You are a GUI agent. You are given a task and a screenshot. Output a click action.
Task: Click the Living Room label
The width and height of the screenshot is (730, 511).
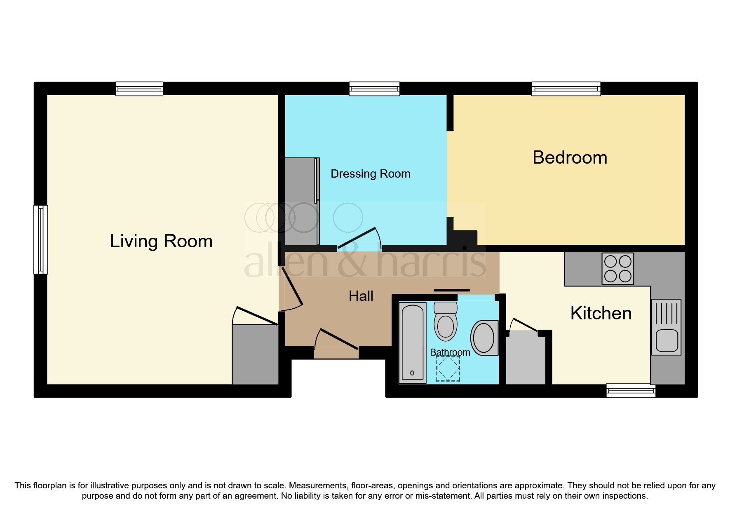point(161,241)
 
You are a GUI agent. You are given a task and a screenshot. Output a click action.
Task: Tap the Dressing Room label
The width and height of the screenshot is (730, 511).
point(370,174)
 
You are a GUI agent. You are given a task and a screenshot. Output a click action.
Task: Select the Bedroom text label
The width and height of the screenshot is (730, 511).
point(570,158)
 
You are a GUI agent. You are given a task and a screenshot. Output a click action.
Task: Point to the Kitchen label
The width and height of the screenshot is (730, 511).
point(601,314)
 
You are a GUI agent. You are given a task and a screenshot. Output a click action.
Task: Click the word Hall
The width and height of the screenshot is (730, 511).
point(361,296)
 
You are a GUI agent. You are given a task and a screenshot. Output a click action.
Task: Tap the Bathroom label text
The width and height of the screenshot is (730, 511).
point(450,352)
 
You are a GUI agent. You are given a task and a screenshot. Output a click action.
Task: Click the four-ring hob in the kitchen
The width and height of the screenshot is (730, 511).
point(617,268)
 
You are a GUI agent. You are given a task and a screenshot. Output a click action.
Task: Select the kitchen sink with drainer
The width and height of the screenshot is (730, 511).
point(666,327)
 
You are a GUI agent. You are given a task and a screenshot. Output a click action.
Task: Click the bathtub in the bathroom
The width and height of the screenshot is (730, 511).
point(412,342)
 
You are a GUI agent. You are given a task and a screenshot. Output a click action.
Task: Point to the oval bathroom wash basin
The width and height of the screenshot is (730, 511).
point(484,338)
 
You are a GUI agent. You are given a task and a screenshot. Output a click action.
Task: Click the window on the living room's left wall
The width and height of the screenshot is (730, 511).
point(40,239)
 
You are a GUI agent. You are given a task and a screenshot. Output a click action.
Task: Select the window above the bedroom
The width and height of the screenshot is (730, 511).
point(566,89)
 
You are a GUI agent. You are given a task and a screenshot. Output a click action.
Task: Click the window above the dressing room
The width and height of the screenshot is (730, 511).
point(374,89)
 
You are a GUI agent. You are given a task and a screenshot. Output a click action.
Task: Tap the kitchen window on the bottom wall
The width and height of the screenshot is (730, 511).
point(631,390)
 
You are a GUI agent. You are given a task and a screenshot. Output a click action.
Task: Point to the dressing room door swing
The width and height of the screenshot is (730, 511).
point(359,239)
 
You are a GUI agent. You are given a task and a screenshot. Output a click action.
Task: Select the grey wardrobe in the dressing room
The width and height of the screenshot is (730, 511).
point(302,201)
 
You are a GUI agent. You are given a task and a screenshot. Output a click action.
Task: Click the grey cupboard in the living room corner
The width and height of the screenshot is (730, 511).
point(255,354)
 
